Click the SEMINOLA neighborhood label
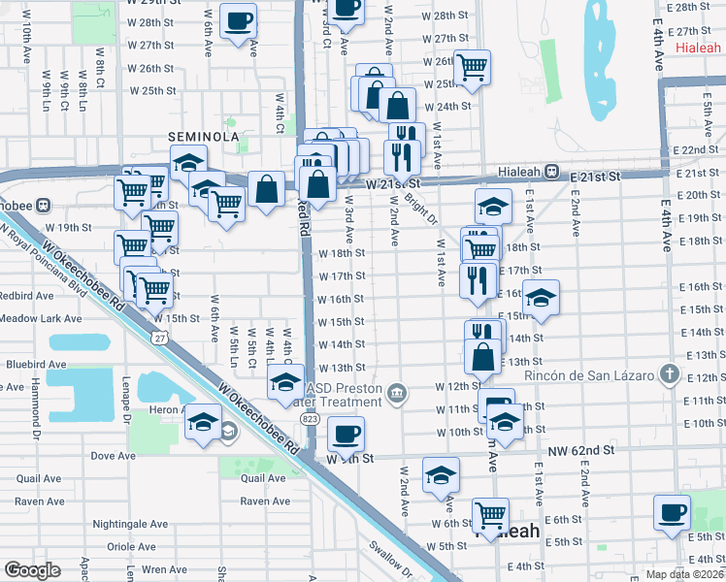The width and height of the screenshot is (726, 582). tap(204, 137)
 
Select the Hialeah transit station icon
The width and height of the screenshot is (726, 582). tap(550, 171)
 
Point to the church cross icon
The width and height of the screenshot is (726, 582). tap(669, 373)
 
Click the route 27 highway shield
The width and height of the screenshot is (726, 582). tap(160, 337)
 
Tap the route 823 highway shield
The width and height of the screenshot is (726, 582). tap(310, 418)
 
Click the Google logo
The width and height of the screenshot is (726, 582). tap(32, 570)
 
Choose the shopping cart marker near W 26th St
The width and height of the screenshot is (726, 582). tap(471, 67)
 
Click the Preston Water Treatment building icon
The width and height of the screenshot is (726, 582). tap(397, 393)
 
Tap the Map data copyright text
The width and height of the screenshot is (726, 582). tap(683, 574)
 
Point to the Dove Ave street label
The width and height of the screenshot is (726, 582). tap(112, 455)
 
